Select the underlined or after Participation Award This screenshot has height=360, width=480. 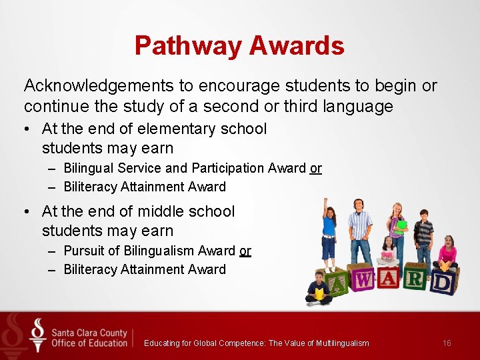pos(315,169)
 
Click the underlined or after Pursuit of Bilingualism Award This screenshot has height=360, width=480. pos(245,251)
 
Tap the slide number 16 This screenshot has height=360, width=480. pos(447,343)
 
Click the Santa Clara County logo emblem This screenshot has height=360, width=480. pos(38,335)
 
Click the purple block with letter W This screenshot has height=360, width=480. pos(363,281)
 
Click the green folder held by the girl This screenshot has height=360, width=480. pos(401,225)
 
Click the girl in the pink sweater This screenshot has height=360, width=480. pos(447,253)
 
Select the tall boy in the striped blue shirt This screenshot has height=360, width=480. pos(361,230)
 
